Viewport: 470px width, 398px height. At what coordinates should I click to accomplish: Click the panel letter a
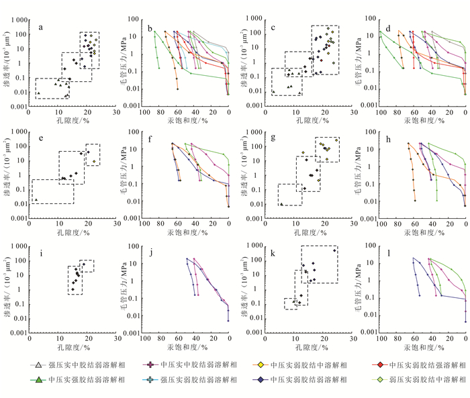(x=42, y=28)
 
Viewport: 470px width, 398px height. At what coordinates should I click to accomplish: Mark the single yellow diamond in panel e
(x=94, y=162)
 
